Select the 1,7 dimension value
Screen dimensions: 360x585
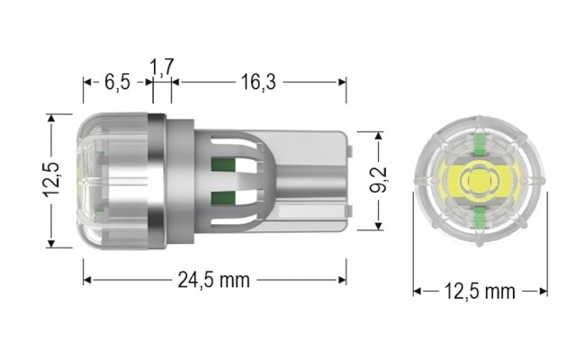tap(162, 67)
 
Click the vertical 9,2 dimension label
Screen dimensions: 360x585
tap(379, 180)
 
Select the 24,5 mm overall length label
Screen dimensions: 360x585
tap(212, 280)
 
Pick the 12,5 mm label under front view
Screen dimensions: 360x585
tap(480, 291)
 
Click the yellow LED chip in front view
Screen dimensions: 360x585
tap(480, 181)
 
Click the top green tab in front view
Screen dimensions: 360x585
tap(480, 142)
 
